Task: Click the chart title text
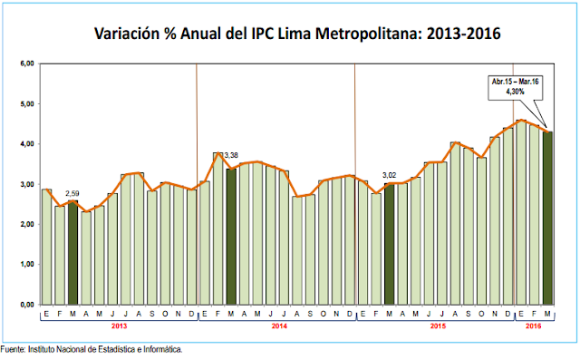[298, 34]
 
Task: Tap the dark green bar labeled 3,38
[231, 236]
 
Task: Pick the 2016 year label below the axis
[534, 325]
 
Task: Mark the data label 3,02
[390, 174]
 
